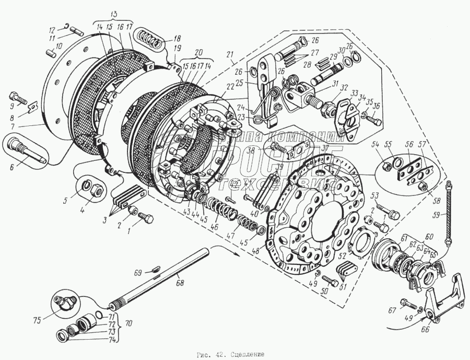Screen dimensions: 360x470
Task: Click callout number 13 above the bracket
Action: (x=114, y=13)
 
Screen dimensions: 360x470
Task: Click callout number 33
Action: (x=355, y=93)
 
